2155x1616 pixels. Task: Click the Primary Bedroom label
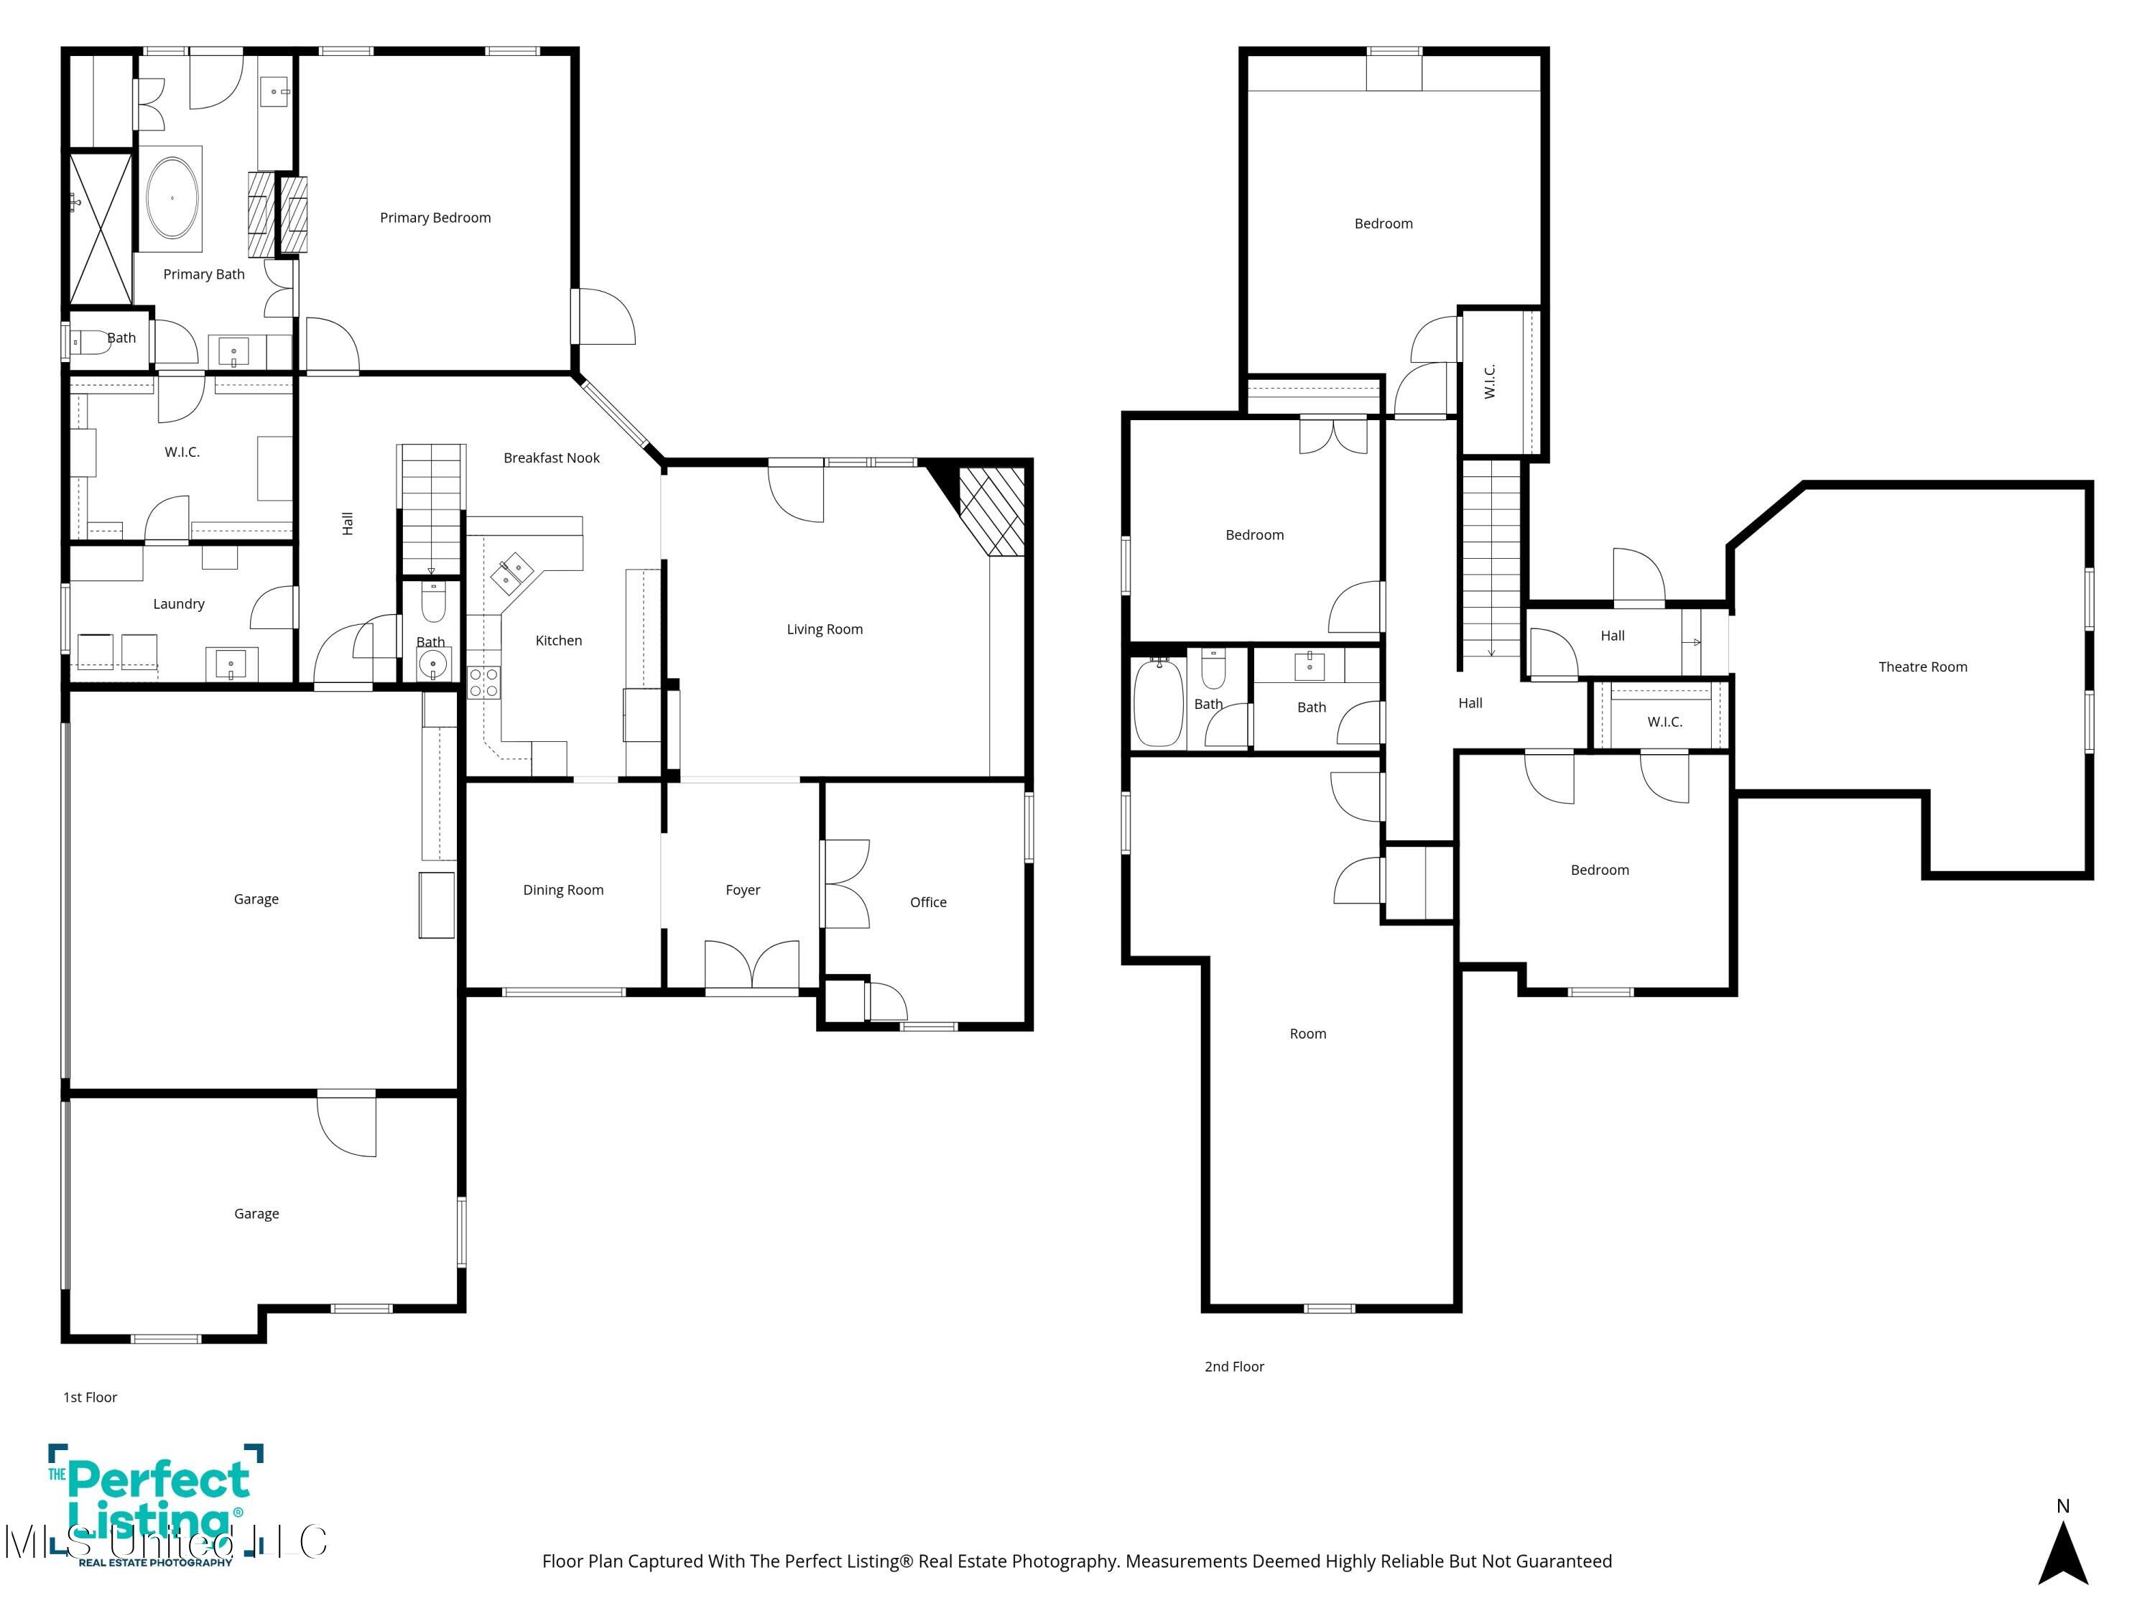click(435, 217)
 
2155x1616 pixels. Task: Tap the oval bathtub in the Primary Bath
click(172, 198)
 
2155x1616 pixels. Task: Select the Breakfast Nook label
click(552, 458)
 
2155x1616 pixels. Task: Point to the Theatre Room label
click(1922, 667)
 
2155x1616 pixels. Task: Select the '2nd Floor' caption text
click(1233, 1367)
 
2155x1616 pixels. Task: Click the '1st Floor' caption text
click(90, 1397)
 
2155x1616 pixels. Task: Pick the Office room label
click(927, 902)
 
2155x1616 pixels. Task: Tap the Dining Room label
click(563, 889)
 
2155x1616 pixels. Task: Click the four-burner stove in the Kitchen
click(483, 682)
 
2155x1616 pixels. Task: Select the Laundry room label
click(178, 604)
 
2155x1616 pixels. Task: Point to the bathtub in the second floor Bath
click(1159, 701)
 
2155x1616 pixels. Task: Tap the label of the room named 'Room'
click(1307, 1034)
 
